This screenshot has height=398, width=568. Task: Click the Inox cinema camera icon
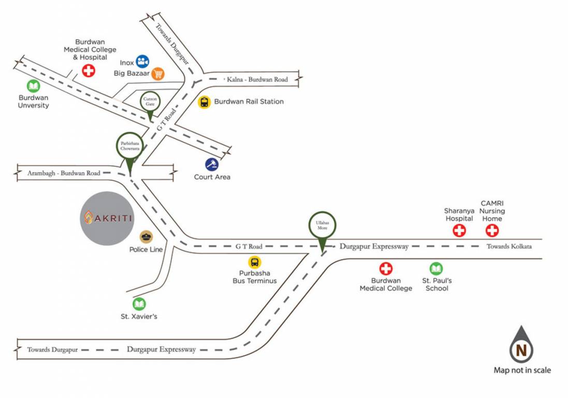(x=142, y=62)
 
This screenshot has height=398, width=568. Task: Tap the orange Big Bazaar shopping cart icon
(x=158, y=74)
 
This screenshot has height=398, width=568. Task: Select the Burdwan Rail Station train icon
(x=205, y=102)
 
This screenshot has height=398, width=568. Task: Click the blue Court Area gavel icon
(x=211, y=164)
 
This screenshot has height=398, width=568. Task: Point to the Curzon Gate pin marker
(x=150, y=102)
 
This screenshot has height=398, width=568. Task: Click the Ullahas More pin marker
(x=323, y=225)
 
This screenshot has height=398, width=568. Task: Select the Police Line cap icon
(x=147, y=237)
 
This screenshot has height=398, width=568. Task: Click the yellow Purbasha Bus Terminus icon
(x=255, y=263)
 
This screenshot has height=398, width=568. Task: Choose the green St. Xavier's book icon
(x=139, y=304)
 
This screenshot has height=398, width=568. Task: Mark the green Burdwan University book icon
(x=33, y=86)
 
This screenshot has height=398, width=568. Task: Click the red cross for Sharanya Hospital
(x=459, y=231)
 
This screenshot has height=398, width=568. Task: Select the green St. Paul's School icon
(x=436, y=268)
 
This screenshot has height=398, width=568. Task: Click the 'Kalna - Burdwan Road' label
(x=255, y=80)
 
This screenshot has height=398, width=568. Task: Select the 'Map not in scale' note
(x=521, y=370)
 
